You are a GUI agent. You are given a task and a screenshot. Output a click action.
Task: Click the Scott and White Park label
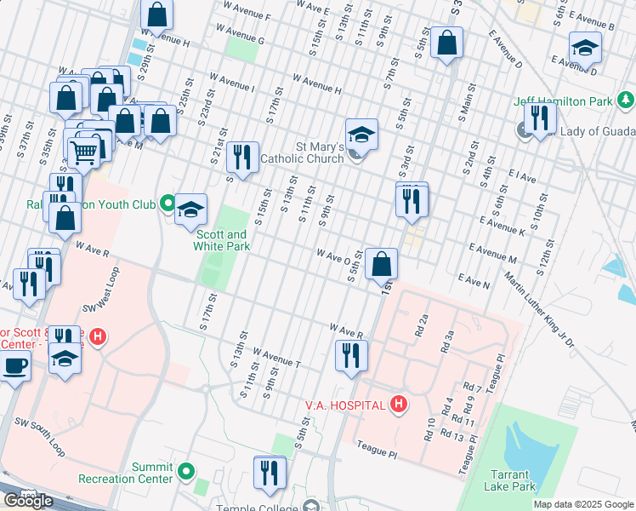pos(223,240)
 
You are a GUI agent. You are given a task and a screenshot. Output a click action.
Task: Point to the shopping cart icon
pos(83,152)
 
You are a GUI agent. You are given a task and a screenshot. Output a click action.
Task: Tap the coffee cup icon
pos(14,367)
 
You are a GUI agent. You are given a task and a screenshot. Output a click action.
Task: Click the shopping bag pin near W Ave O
pos(383,264)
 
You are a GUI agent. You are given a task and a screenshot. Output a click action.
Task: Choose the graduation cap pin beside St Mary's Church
pos(361,134)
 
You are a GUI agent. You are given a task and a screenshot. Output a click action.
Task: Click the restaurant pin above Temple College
pos(270,472)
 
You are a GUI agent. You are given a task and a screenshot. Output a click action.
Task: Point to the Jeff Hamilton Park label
pos(562,101)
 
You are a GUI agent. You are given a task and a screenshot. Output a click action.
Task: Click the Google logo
pos(27,500)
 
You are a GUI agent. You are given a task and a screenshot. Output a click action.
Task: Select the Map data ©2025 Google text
pos(583,504)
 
